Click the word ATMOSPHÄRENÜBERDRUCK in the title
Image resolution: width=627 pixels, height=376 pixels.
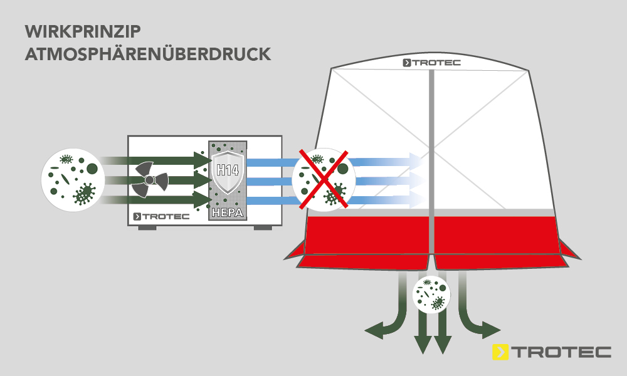pos(147,54)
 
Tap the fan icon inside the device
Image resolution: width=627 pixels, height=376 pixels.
pos(150,180)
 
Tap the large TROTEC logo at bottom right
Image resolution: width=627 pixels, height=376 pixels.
pos(552,352)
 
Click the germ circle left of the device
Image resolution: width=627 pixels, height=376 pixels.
pos(73,180)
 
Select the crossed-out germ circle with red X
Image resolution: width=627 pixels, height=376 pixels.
pos(324,180)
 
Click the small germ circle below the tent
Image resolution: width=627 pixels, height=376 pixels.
pos(432,294)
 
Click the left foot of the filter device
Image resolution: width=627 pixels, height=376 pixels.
pos(147,228)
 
